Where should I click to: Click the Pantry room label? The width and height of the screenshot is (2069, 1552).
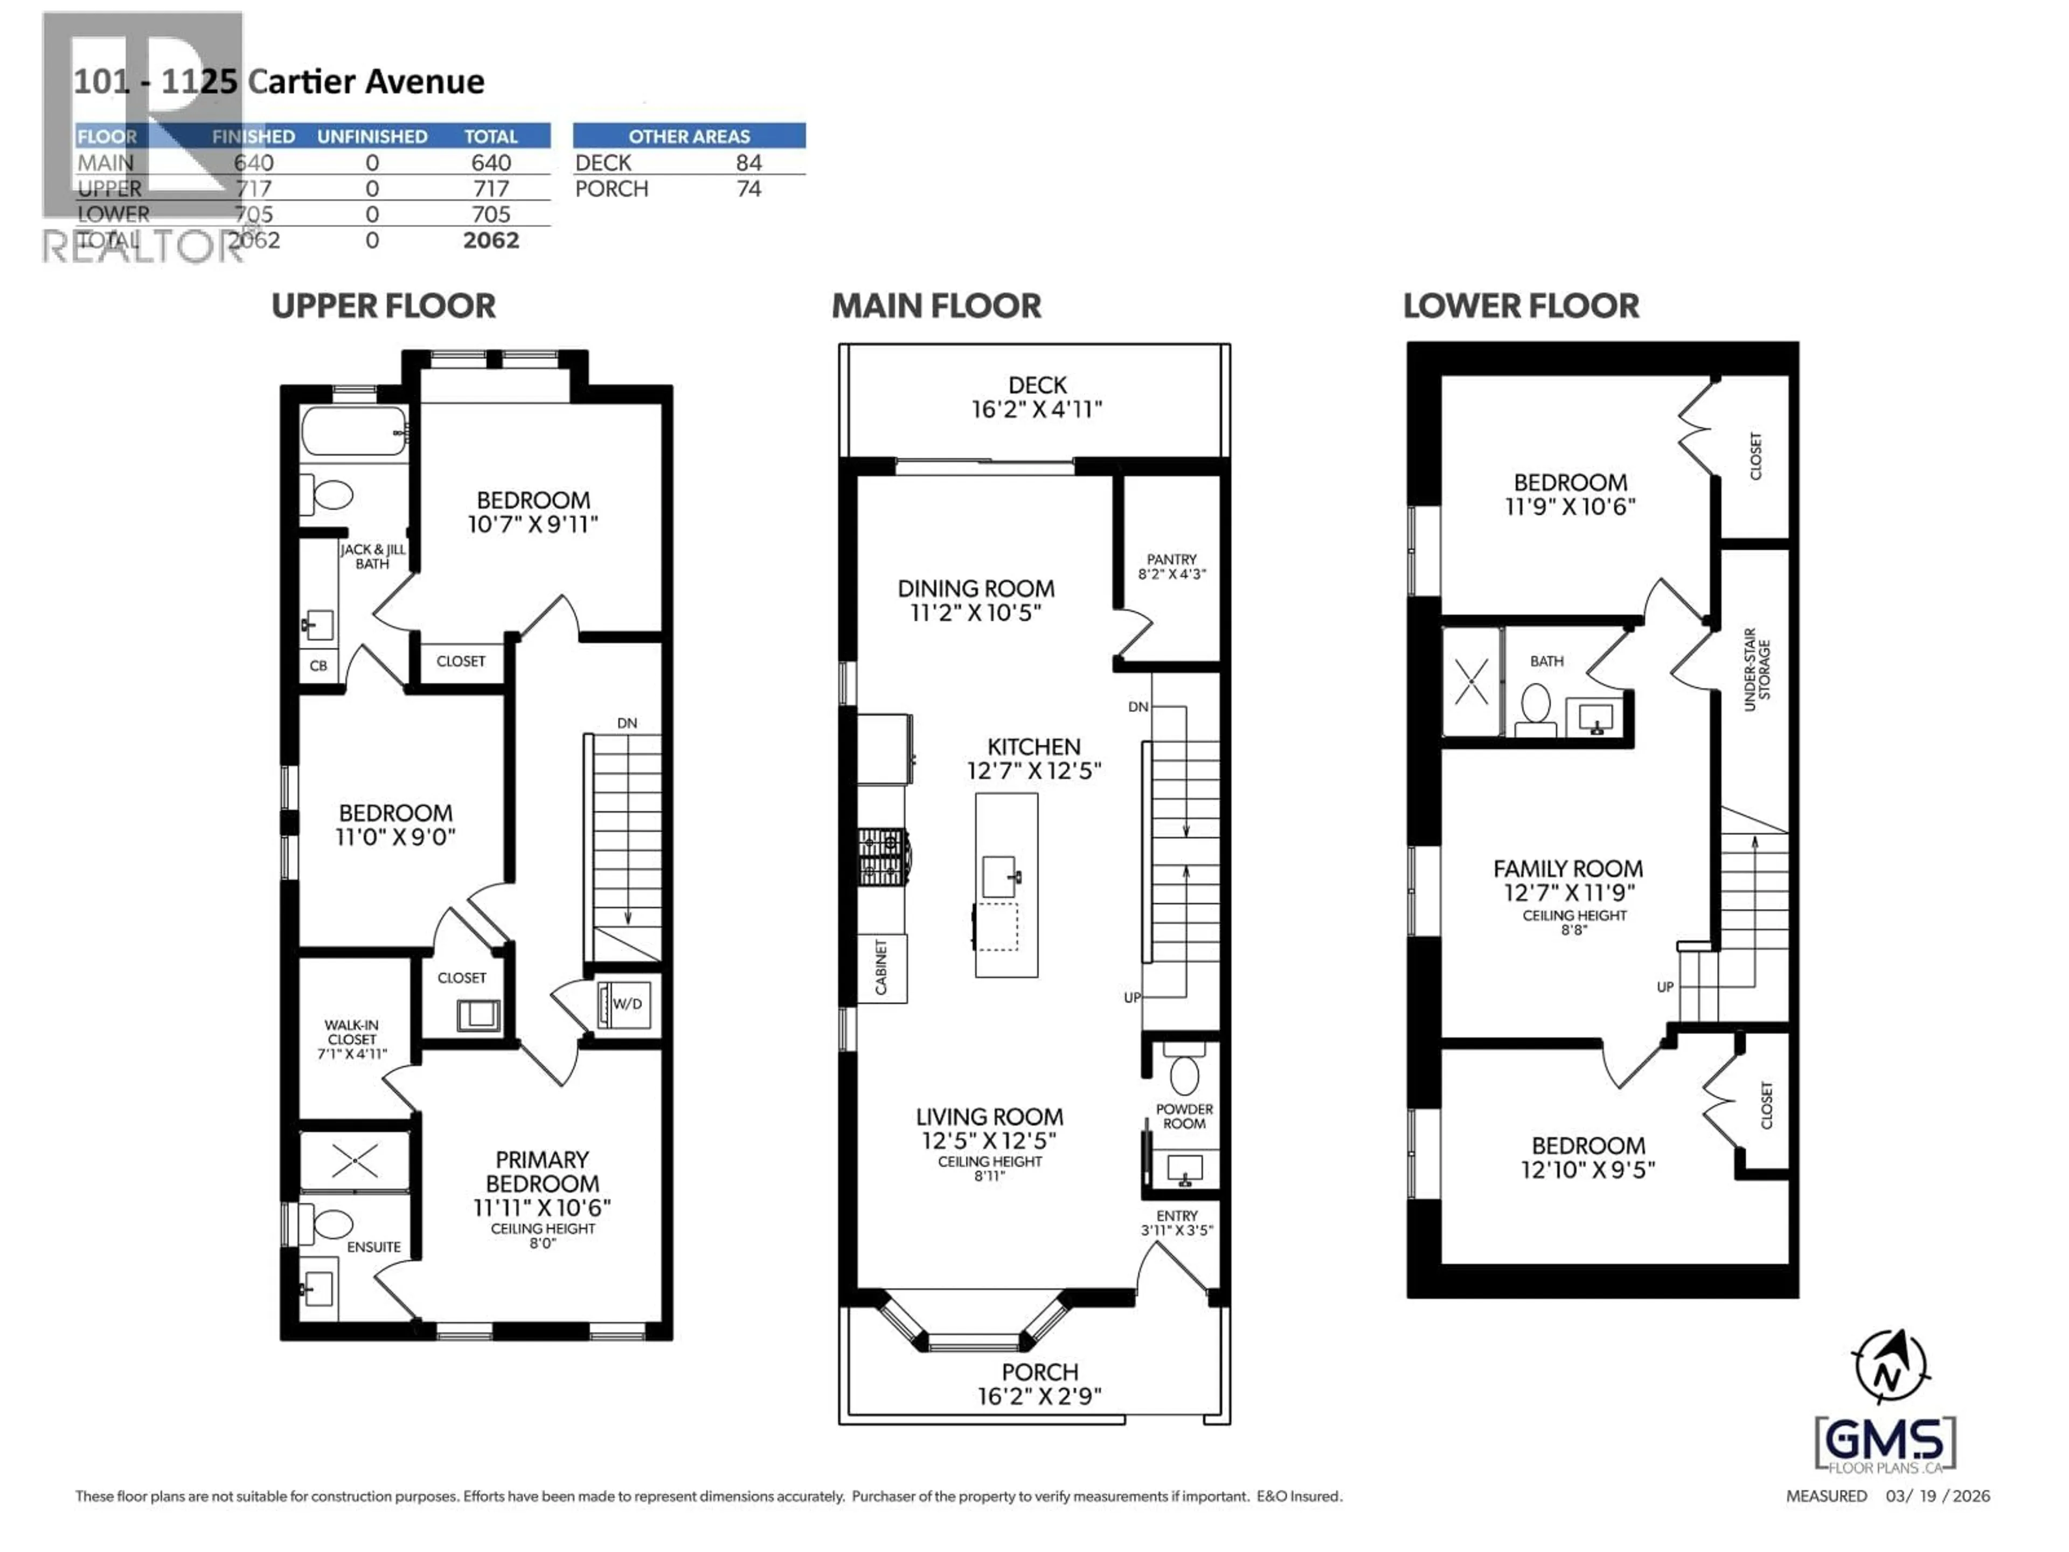pyautogui.click(x=1171, y=559)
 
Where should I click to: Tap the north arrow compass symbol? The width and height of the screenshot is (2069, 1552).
pyautogui.click(x=1890, y=1367)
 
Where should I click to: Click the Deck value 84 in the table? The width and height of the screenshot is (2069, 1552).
pyautogui.click(x=748, y=163)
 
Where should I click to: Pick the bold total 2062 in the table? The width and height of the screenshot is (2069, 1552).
pyautogui.click(x=491, y=240)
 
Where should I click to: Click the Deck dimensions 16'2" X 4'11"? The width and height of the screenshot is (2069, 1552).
pyautogui.click(x=1036, y=410)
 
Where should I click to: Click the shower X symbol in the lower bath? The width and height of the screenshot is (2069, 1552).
pyautogui.click(x=1471, y=681)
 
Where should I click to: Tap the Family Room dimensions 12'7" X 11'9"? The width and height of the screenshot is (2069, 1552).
pyautogui.click(x=1568, y=892)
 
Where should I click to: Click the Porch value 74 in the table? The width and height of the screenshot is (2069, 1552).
pyautogui.click(x=748, y=189)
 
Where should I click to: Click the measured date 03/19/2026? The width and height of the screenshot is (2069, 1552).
pyautogui.click(x=1937, y=1496)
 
